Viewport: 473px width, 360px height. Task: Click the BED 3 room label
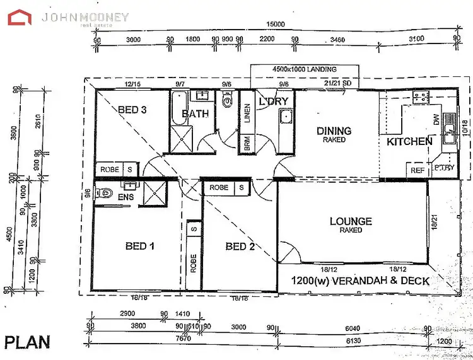point(132,110)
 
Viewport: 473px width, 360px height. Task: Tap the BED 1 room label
point(136,246)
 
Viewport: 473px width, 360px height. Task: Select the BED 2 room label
point(240,246)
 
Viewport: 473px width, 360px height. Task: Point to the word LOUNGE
point(351,221)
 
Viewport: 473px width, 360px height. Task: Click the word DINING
point(334,131)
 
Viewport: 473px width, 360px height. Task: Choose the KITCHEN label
point(409,141)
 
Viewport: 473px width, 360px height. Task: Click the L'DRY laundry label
point(274,101)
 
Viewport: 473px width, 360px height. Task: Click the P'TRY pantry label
point(444,168)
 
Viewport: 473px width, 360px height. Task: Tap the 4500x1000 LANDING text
point(304,69)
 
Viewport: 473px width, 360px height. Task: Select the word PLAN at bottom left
point(27,342)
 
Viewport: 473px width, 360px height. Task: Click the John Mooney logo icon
point(20,17)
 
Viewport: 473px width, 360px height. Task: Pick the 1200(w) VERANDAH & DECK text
point(360,281)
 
